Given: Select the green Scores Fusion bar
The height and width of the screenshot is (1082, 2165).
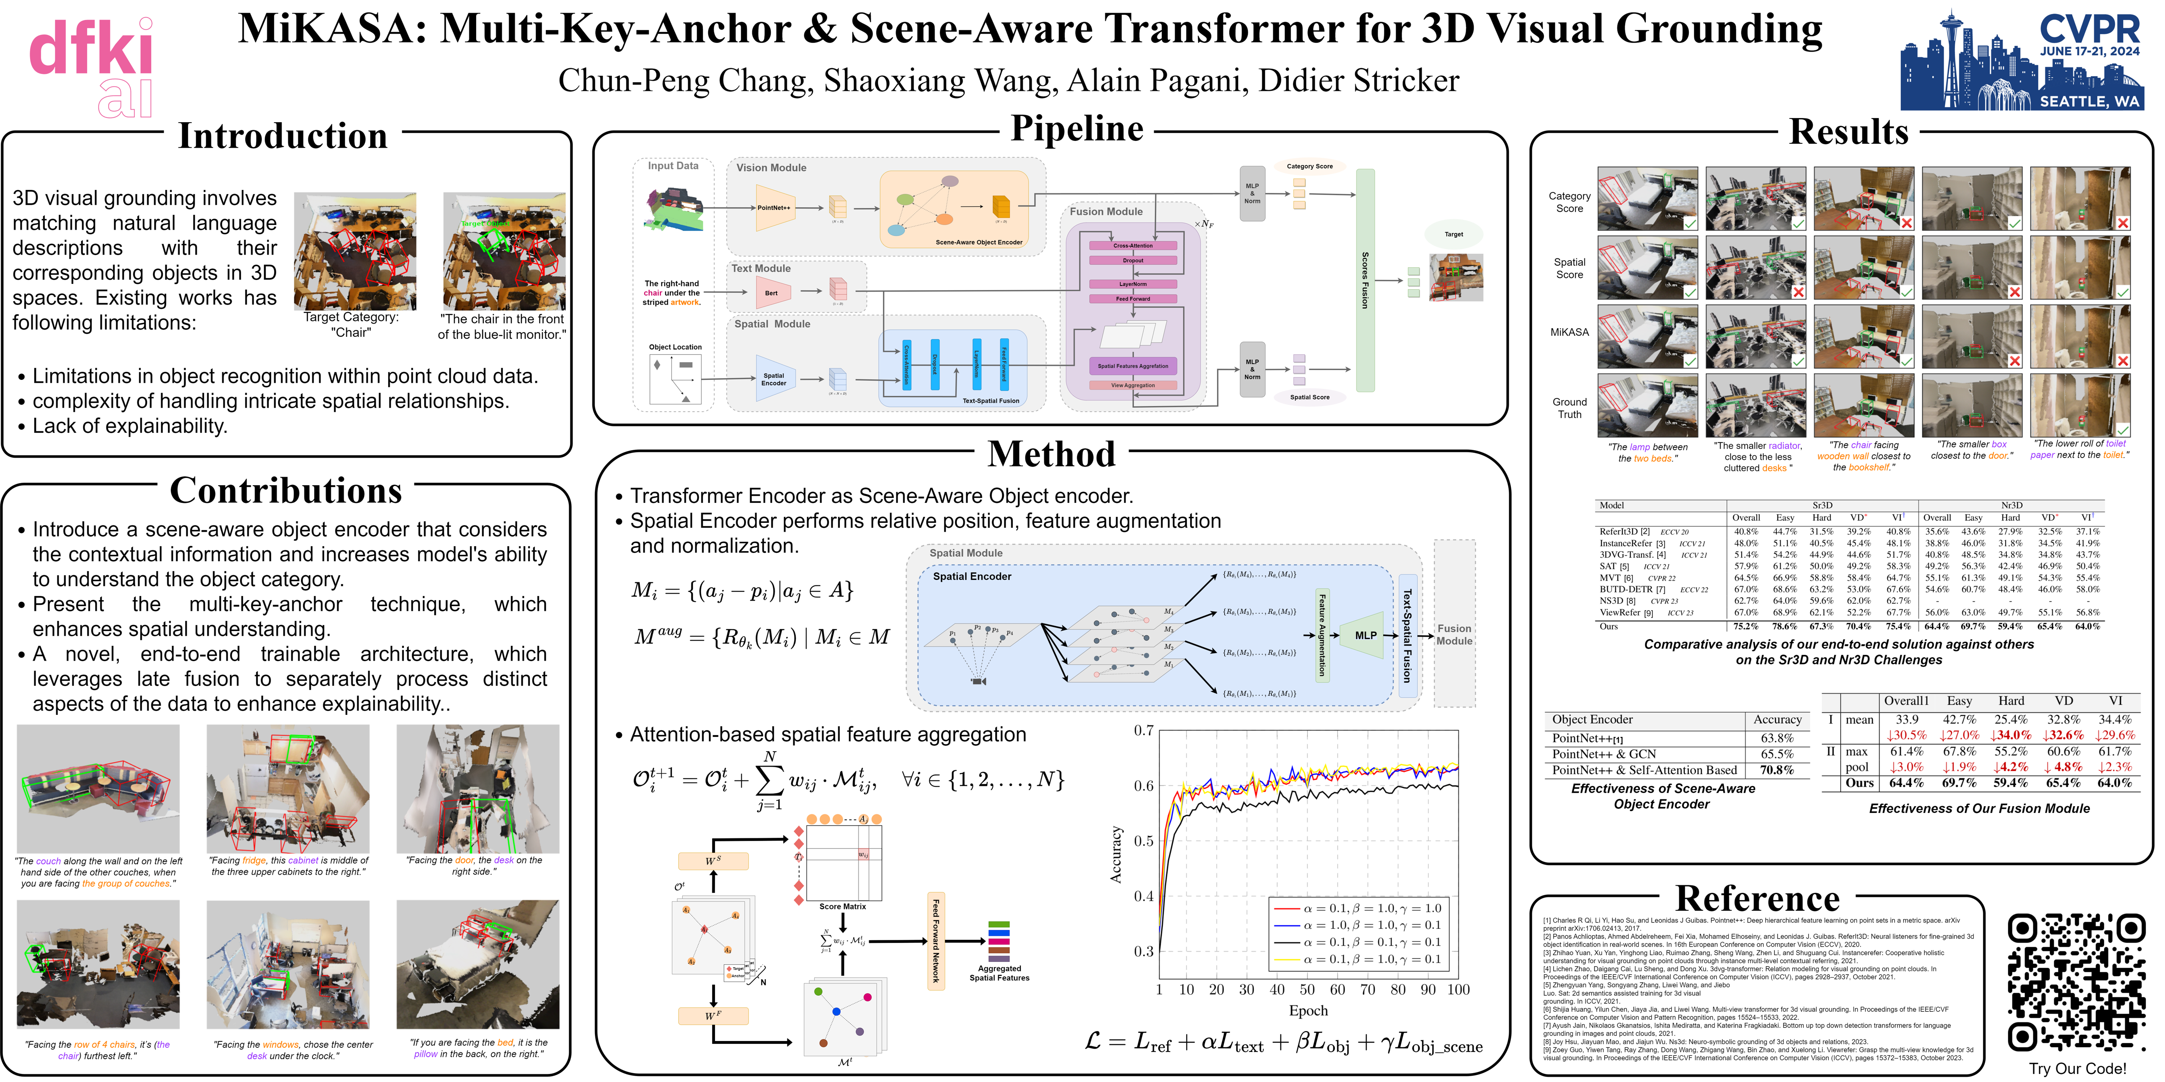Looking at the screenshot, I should (1365, 280).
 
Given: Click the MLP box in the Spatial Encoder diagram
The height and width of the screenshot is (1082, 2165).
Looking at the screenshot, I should (1366, 636).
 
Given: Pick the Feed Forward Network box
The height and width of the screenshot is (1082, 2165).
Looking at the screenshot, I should (935, 942).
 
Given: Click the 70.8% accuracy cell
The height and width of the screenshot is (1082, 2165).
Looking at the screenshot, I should (1777, 770).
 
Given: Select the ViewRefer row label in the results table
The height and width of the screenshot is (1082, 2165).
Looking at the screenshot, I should (1620, 613).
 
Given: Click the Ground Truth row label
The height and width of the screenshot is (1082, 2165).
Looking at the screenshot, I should (1569, 409).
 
